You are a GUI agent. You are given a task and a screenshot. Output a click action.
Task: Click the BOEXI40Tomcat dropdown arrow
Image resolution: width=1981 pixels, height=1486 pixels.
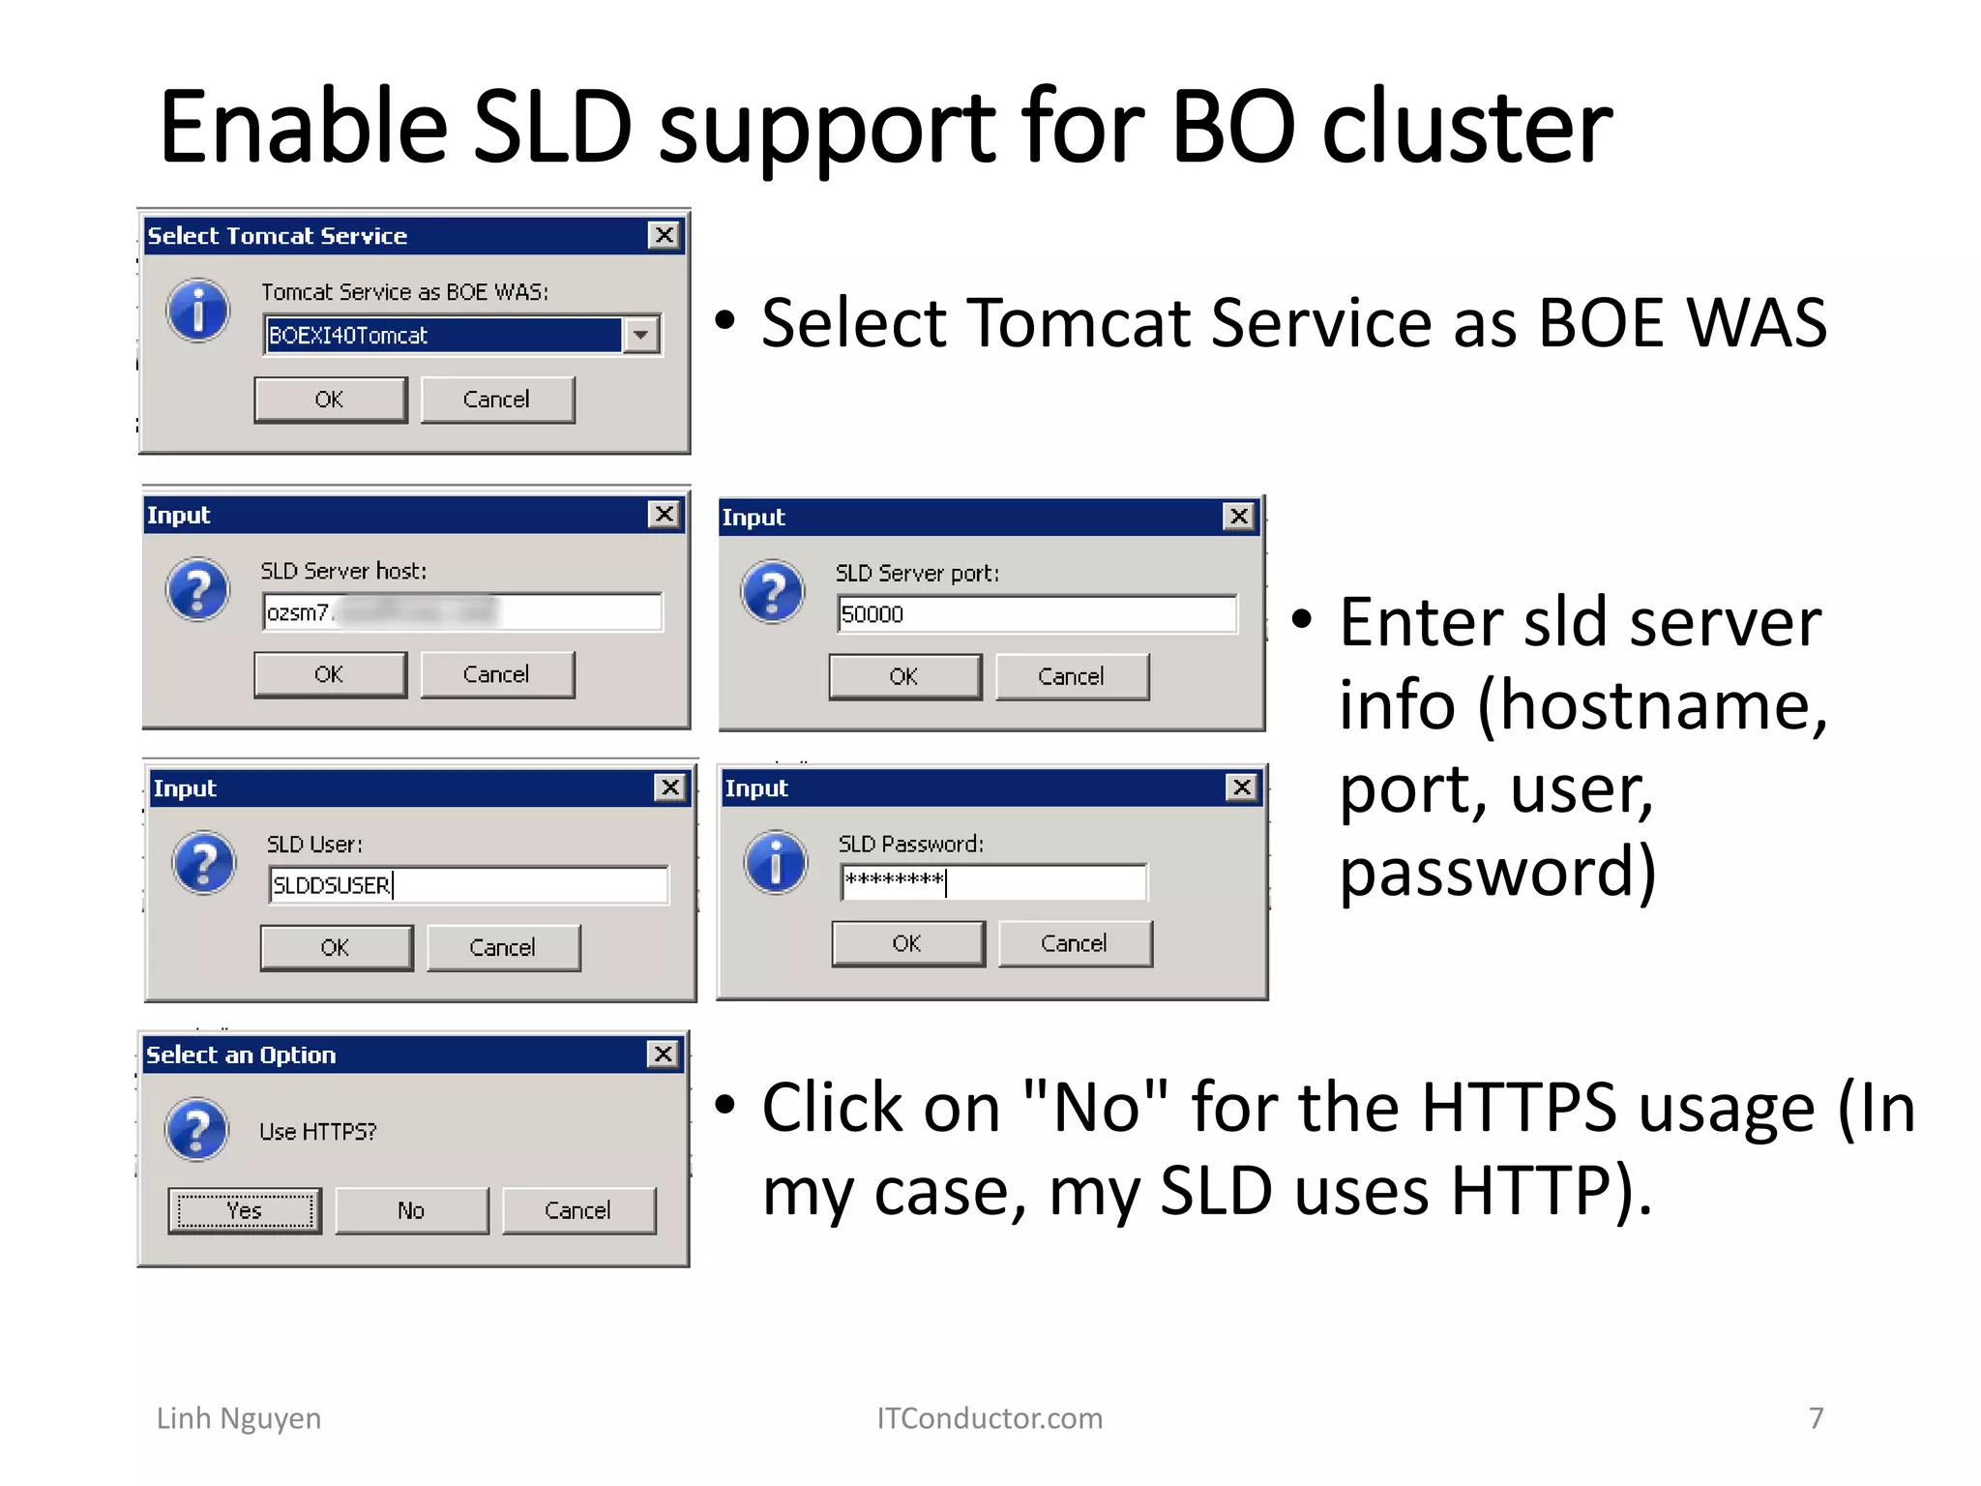tap(640, 336)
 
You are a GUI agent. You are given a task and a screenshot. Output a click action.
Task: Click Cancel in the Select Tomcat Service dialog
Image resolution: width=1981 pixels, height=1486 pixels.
tap(497, 400)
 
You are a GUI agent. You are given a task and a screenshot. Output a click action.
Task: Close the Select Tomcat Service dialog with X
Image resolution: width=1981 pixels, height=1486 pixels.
tap(664, 235)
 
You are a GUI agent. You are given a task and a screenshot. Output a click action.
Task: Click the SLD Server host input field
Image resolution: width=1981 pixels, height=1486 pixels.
tap(461, 612)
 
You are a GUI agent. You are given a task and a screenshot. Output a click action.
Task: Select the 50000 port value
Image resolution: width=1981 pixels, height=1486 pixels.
tap(872, 615)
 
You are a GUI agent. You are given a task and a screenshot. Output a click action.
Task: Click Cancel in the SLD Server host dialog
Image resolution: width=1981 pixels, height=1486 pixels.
tap(497, 674)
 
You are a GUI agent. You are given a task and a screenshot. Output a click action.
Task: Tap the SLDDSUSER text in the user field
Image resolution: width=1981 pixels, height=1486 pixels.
tap(331, 885)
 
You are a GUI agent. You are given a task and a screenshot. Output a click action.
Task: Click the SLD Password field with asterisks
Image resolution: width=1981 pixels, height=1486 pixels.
tap(992, 881)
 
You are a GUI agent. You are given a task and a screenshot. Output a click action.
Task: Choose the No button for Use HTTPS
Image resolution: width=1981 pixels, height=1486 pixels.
tap(411, 1210)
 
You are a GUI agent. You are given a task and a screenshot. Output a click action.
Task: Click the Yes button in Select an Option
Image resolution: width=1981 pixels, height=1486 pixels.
tap(245, 1210)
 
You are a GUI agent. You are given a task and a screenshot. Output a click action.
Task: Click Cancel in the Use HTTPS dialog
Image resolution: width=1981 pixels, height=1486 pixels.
tap(578, 1210)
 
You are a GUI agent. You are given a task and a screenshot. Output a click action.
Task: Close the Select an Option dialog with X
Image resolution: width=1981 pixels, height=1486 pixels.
tap(664, 1054)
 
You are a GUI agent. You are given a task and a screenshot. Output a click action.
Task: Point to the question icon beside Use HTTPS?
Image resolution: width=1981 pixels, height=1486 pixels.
tap(197, 1129)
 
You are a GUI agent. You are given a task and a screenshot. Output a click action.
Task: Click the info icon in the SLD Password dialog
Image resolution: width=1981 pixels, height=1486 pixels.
tap(776, 861)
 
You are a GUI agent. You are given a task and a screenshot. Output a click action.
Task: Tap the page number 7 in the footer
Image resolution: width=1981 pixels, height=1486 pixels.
tap(1816, 1418)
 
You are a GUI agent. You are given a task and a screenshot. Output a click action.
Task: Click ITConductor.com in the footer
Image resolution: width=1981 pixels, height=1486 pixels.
tap(990, 1418)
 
